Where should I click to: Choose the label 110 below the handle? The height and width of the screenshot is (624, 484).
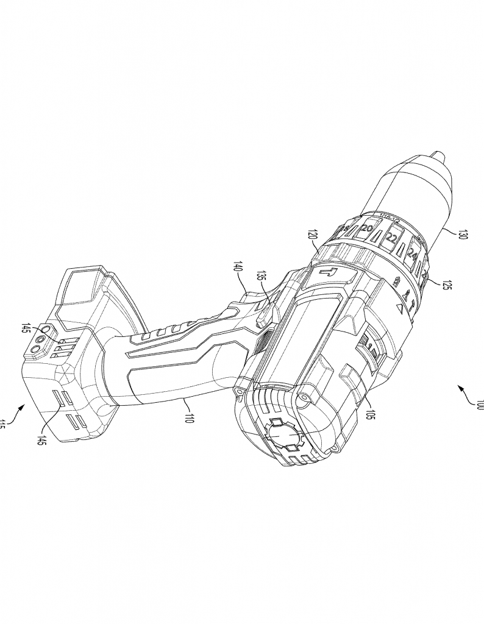coord(190,417)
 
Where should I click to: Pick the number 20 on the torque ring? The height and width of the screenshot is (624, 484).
coord(367,229)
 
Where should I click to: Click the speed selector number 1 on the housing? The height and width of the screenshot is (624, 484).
coord(369,349)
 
